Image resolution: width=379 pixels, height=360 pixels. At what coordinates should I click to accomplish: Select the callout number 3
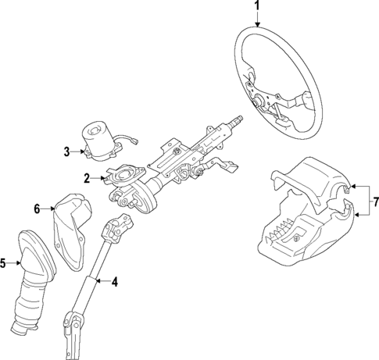point(67,150)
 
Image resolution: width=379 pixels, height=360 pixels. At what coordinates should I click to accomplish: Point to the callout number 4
point(114,281)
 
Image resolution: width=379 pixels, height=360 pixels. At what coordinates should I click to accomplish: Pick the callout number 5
point(4,263)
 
